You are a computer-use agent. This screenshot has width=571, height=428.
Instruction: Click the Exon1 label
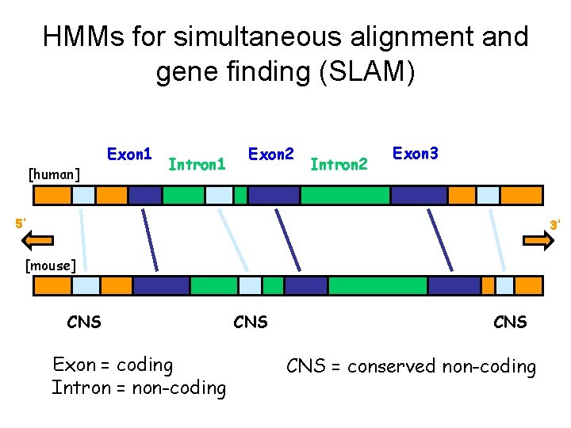tap(130, 153)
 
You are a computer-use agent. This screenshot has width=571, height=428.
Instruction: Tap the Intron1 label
tap(197, 166)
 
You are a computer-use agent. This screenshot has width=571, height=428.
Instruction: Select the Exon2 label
tap(272, 153)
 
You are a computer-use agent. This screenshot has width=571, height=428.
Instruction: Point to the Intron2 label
tap(339, 166)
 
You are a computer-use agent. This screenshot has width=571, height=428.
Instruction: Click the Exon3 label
tap(416, 151)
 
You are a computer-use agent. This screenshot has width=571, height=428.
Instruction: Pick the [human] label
tap(53, 173)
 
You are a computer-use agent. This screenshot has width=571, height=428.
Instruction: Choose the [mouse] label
tap(51, 265)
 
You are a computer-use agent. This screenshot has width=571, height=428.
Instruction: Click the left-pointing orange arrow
tap(36, 241)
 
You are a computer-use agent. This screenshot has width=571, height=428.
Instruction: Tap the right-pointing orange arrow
tap(537, 242)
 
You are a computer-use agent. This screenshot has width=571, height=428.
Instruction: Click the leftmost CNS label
tap(84, 322)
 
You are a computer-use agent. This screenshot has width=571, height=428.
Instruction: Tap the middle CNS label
tap(251, 322)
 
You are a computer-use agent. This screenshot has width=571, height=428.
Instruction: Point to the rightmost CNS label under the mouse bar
tap(510, 322)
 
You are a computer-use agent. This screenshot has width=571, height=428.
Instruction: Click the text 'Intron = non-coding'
tap(139, 388)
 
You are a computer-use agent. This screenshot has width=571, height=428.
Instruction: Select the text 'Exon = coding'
tap(113, 365)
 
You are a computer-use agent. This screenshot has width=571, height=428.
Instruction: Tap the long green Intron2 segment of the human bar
tap(345, 195)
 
